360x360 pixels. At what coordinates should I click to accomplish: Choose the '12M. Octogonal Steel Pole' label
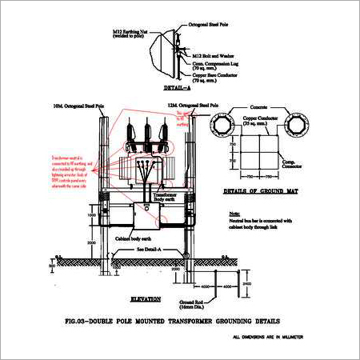coord(190,105)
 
